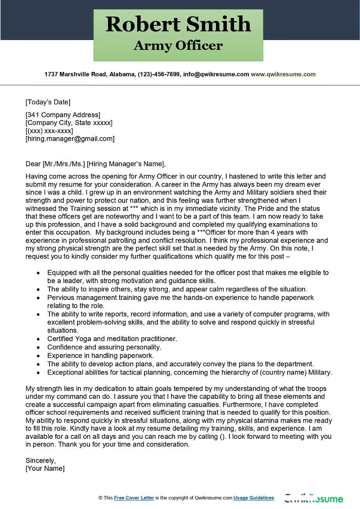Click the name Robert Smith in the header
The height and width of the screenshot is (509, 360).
pyautogui.click(x=178, y=24)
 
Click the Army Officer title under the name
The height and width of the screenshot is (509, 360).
pyautogui.click(x=178, y=45)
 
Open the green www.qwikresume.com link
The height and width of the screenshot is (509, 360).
pyautogui.click(x=283, y=74)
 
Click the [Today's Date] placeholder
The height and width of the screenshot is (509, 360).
pyautogui.click(x=48, y=102)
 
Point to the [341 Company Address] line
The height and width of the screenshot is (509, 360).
pyautogui.click(x=63, y=115)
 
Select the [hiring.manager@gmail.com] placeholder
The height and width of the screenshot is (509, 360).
pyautogui.click(x=70, y=139)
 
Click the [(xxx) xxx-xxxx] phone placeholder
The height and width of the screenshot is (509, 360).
pyautogui.click(x=49, y=131)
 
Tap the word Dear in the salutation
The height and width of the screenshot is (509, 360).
pyautogui.click(x=33, y=164)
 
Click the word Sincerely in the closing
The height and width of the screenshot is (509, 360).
pyautogui.click(x=40, y=460)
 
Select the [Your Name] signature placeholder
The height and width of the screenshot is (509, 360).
pyautogui.click(x=45, y=469)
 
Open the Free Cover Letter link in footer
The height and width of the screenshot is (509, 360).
pyautogui.click(x=134, y=498)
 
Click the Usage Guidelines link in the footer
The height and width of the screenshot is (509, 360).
pyautogui.click(x=254, y=498)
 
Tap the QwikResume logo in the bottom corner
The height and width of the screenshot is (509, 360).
pyautogui.click(x=313, y=499)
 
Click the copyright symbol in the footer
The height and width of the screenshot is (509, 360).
pyautogui.click(x=100, y=498)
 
